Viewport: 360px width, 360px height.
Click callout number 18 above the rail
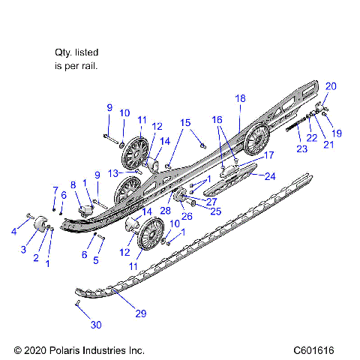tap(240, 98)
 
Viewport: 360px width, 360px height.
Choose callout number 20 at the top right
tap(331, 85)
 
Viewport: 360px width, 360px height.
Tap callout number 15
tap(185, 122)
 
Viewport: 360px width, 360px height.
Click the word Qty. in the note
tap(64, 53)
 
